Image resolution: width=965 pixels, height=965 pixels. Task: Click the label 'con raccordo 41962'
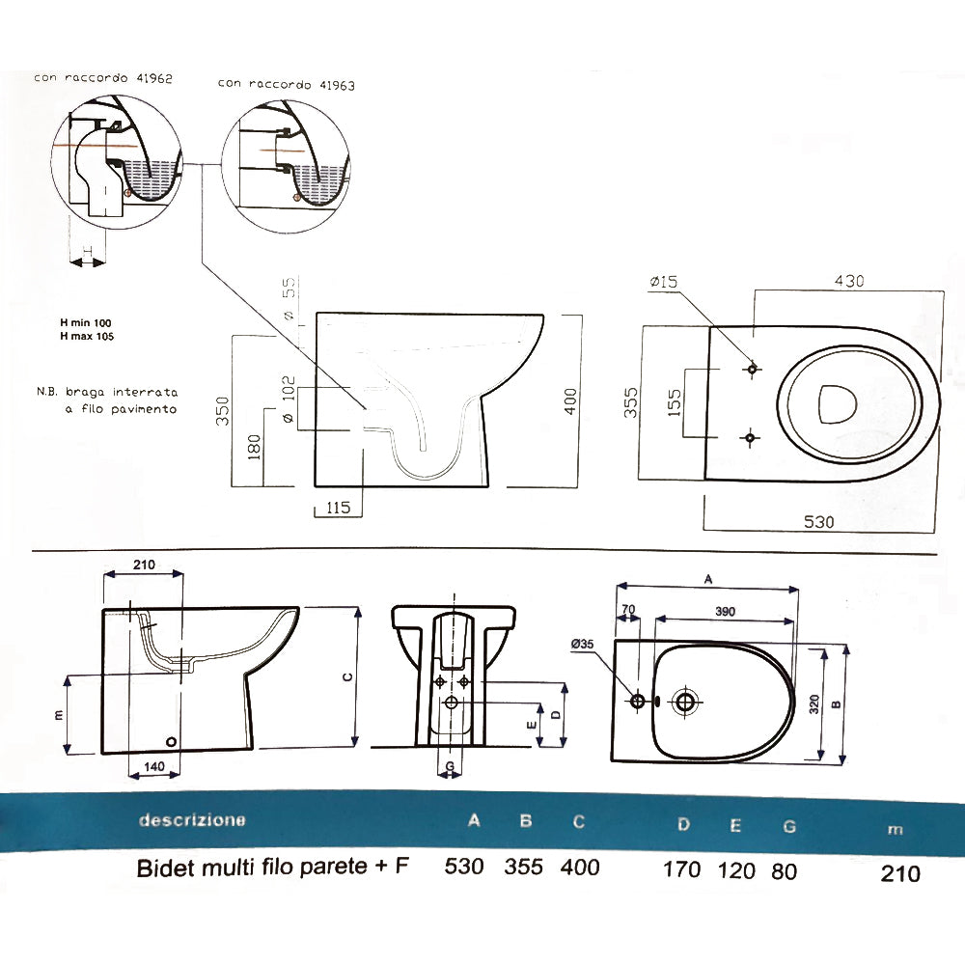pos(103,78)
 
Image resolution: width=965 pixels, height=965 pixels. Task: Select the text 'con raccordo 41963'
pos(286,84)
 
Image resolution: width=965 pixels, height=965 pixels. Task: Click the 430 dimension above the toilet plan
pos(849,281)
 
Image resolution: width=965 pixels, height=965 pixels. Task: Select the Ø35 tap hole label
pos(583,644)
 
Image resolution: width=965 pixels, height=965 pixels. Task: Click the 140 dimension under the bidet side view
pos(154,767)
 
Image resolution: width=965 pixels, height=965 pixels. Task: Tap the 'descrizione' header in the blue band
pos(192,820)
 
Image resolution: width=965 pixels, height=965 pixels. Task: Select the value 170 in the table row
pos(681,868)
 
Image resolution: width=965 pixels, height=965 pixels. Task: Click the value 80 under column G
pos(785,869)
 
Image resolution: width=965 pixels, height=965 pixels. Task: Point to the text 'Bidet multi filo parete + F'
pos(273,867)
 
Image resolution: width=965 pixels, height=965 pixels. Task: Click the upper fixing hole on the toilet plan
pos(752,369)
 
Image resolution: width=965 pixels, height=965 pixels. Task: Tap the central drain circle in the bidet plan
pos(686,702)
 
